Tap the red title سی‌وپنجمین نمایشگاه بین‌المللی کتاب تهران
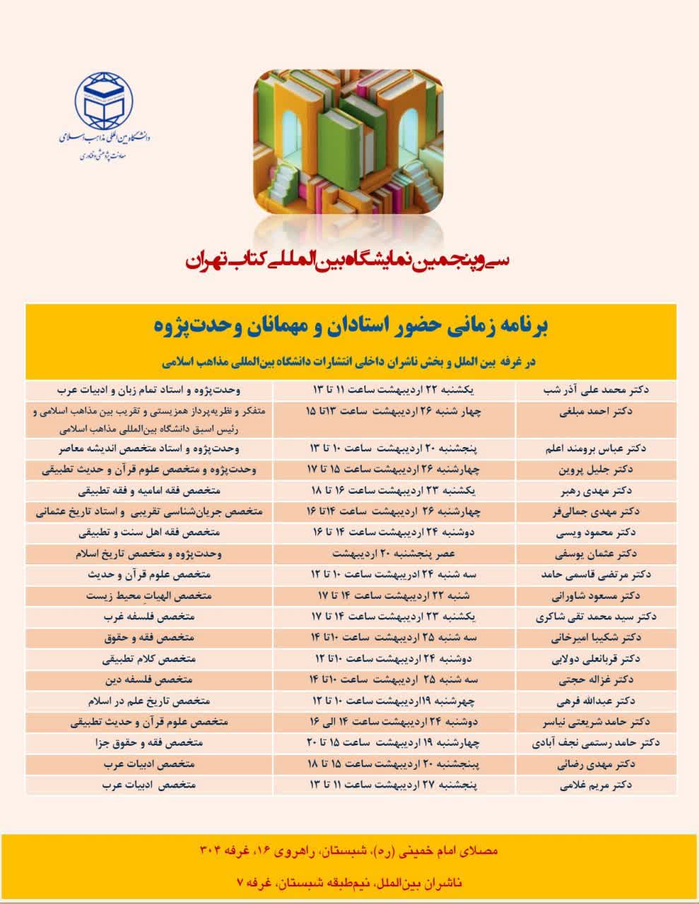pos(349,261)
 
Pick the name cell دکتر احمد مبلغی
pos(599,412)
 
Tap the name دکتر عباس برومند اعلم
pos(598,448)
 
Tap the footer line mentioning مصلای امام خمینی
pos(349,851)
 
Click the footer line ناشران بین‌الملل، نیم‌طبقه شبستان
pos(349,883)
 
